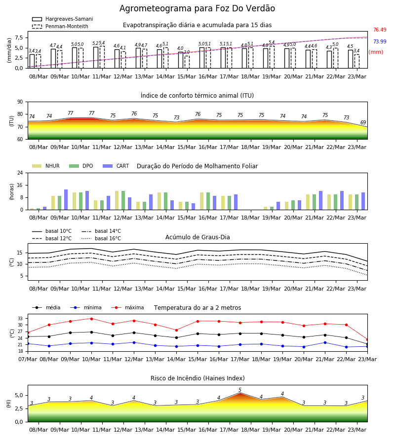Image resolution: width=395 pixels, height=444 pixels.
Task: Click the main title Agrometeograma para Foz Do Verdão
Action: coord(197,8)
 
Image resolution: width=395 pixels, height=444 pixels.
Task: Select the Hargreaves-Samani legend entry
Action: coord(63,19)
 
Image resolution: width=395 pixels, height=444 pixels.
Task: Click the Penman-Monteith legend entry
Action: coord(60,26)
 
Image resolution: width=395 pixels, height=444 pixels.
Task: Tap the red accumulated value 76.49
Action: coord(380,30)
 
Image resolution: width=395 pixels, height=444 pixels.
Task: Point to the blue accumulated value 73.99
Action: coord(380,41)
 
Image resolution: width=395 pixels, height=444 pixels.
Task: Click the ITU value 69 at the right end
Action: coord(363,123)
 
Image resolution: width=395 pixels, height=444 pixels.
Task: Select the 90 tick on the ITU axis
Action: coord(20,102)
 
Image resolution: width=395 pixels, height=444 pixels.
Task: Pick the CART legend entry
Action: coord(116,166)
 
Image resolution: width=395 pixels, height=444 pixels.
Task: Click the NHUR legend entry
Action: coord(46,166)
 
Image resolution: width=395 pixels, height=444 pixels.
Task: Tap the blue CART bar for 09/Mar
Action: coord(66,200)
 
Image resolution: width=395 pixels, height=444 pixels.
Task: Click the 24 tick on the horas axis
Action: coord(20,173)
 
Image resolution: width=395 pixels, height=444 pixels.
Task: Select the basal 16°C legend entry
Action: coord(101,238)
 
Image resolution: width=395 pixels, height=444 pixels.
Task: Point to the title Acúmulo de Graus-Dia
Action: coord(197,237)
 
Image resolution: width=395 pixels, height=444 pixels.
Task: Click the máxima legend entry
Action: coord(127,307)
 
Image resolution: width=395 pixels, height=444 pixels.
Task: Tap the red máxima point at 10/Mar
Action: coord(91,319)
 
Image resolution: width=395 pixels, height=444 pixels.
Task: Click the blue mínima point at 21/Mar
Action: coord(325,343)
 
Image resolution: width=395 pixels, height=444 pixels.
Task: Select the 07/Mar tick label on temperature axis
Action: coord(28,359)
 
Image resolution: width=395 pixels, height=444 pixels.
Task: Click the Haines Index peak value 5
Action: coord(240,390)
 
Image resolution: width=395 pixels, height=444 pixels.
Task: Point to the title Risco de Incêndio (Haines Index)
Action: coord(197,378)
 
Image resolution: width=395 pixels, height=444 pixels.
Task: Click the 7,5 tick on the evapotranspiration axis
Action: coord(19,37)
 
